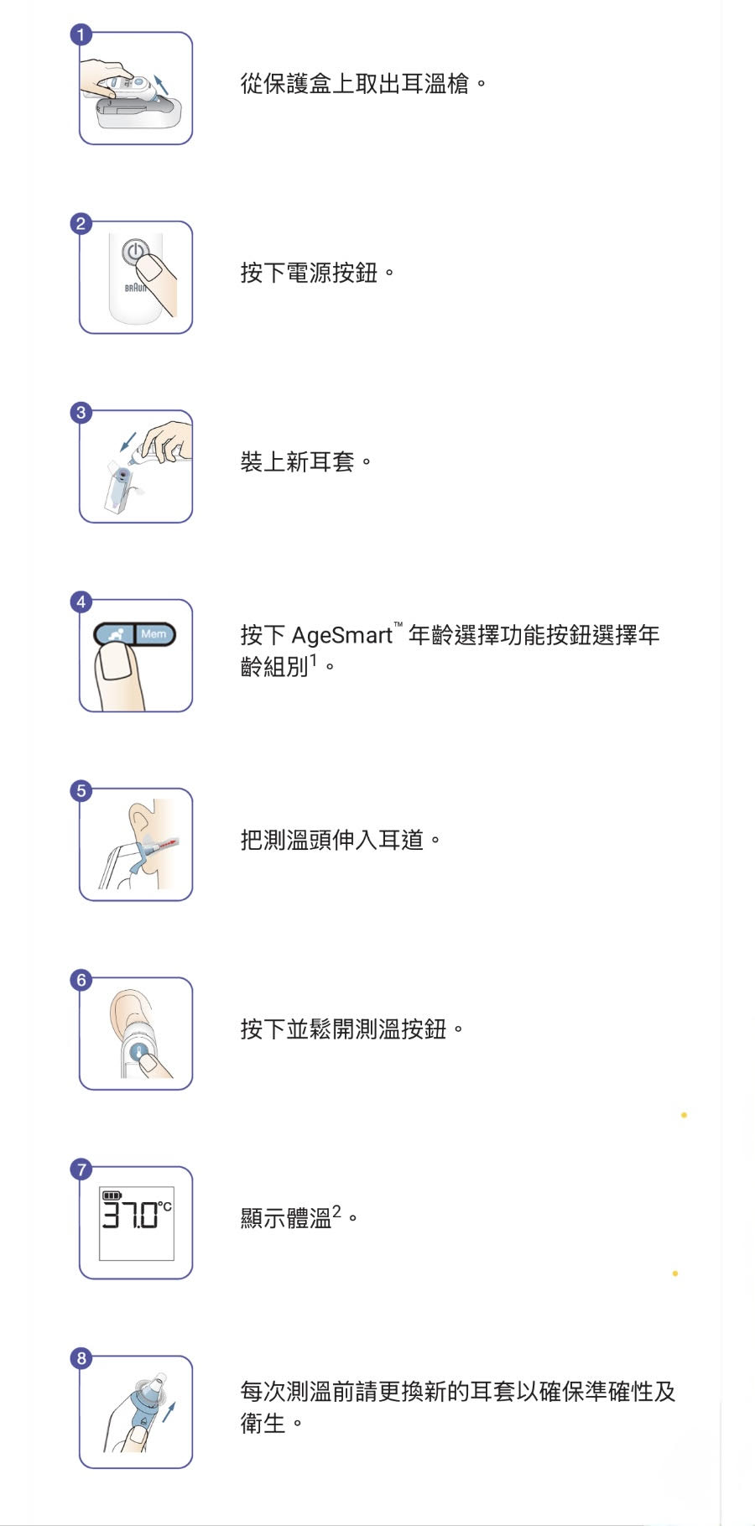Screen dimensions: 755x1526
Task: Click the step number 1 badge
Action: [x=81, y=34]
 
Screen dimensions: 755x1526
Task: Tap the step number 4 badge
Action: [x=81, y=602]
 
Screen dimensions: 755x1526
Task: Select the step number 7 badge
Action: [x=81, y=1169]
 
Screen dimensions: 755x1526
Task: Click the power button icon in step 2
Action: [x=135, y=251]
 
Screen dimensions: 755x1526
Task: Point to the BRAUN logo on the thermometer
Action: [x=135, y=288]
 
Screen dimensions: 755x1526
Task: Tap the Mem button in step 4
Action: [x=154, y=634]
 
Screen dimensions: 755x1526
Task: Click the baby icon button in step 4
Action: [x=116, y=634]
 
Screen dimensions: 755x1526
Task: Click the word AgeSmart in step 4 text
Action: [x=341, y=636]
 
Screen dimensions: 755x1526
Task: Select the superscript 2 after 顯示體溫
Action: [x=336, y=1211]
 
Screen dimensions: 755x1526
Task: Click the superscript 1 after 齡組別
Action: [x=314, y=661]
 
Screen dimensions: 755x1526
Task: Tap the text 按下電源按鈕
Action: [x=309, y=273]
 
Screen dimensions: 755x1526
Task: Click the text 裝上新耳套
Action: [x=297, y=461]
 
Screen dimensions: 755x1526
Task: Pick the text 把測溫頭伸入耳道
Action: [x=331, y=840]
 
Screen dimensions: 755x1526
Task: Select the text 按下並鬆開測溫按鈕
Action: [x=343, y=1029]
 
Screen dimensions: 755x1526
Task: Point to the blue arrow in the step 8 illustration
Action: [x=169, y=1411]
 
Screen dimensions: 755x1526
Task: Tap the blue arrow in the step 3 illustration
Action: [x=128, y=442]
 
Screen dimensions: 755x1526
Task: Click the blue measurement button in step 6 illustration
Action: [x=140, y=1051]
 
